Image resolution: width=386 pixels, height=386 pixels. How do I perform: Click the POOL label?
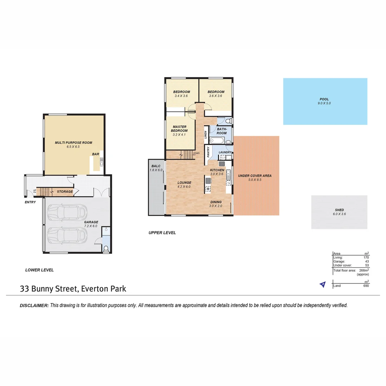coord(324,99)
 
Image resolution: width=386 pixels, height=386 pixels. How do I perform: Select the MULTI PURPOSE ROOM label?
coord(73,143)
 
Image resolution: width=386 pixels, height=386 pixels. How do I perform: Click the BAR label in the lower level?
coord(96,154)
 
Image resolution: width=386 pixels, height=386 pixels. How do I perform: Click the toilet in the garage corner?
coord(106,249)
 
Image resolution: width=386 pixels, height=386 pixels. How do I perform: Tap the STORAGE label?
coord(65,192)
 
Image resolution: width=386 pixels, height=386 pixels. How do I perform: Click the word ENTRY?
coord(30,202)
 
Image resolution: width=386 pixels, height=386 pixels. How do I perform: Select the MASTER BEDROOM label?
coord(180,129)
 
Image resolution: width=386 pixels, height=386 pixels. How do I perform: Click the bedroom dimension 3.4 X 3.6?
coord(182,96)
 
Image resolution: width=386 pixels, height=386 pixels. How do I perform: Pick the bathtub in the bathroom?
coord(217,141)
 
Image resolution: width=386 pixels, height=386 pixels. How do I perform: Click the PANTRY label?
coord(208,152)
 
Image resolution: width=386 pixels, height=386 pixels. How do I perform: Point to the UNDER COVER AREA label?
coord(255,175)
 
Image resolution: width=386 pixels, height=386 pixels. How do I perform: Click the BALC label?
coord(156,166)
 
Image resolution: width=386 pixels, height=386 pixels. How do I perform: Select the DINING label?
coord(216,202)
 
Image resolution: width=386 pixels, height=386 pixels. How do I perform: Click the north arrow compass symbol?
coord(323,284)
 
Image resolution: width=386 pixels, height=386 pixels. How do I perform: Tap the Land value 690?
coord(365,286)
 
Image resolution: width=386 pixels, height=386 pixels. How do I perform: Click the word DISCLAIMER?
coord(34,306)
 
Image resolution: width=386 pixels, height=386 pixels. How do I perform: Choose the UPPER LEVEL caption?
coord(162,233)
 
